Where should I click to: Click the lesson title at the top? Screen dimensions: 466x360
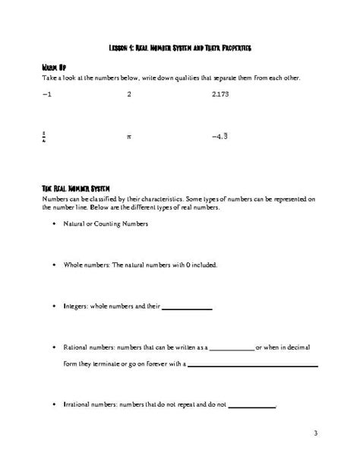click(x=180, y=47)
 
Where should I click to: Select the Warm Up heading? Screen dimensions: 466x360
click(x=54, y=68)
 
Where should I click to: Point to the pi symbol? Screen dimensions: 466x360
click(x=130, y=138)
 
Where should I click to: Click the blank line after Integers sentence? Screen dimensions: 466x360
click(x=188, y=308)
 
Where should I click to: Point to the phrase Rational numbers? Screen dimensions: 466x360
click(x=92, y=347)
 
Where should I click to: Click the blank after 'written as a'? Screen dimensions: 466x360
click(x=231, y=348)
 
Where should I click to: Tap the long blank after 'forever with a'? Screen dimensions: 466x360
click(x=252, y=366)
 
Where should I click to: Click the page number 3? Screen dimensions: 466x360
click(x=315, y=433)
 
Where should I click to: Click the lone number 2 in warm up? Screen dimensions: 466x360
click(x=129, y=94)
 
